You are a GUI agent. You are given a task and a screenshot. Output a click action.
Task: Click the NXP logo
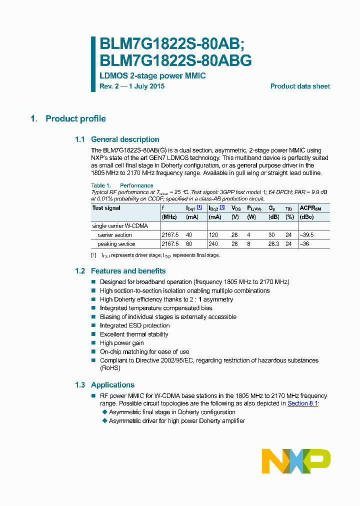click(x=296, y=461)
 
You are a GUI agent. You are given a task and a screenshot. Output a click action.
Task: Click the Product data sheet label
click(x=300, y=86)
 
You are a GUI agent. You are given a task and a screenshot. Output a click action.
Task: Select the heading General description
click(x=125, y=139)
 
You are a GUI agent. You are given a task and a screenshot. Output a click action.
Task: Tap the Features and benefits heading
click(x=128, y=271)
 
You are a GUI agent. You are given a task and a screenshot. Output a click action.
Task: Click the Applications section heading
click(x=112, y=385)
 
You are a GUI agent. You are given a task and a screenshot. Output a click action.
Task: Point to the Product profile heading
click(x=75, y=119)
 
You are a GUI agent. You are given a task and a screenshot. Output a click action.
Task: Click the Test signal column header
click(x=106, y=208)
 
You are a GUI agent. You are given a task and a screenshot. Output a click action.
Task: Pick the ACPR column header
click(x=310, y=208)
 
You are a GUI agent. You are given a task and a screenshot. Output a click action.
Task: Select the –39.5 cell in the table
click(x=307, y=235)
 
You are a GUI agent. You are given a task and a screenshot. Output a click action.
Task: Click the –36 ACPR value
click(x=304, y=244)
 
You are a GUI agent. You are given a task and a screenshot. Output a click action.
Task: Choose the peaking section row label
click(x=116, y=244)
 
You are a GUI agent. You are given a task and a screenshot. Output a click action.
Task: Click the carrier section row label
click(x=115, y=235)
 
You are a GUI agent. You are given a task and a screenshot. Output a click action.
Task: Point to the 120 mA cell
click(x=213, y=235)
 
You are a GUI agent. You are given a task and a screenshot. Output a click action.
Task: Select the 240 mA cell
click(x=213, y=244)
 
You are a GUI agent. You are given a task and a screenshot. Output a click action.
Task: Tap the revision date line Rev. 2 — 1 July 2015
click(x=132, y=86)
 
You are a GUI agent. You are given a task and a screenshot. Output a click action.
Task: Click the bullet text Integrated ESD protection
click(x=134, y=325)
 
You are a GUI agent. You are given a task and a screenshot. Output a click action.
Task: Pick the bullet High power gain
click(x=121, y=343)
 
